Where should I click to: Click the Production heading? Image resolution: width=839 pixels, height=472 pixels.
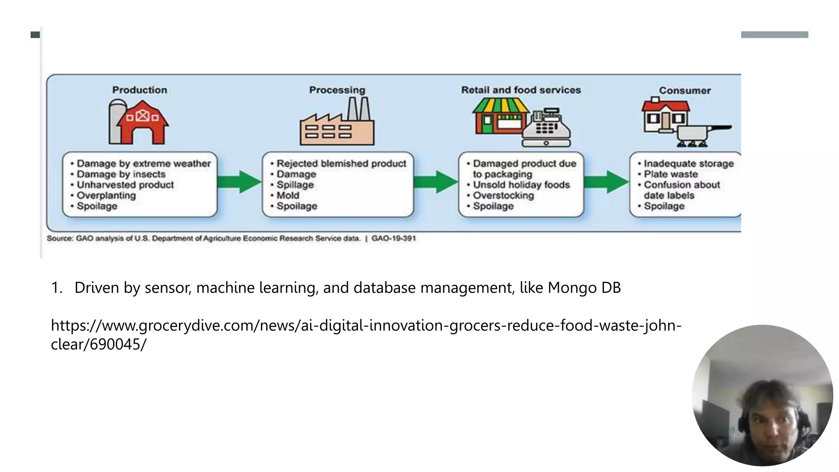140,90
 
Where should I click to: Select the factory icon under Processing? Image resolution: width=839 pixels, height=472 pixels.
337,123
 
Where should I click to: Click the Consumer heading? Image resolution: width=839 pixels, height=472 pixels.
685,91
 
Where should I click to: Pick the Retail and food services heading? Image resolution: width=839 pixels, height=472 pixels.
521,90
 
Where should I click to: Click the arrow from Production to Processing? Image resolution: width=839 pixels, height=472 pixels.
239,182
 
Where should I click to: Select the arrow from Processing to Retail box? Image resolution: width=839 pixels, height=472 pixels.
435,182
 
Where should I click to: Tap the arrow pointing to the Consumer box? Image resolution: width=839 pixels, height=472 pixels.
606,182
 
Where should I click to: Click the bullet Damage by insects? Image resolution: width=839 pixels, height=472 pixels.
121,174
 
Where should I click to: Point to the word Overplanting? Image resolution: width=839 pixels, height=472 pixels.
106,195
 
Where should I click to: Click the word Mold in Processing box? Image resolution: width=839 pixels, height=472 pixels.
288,195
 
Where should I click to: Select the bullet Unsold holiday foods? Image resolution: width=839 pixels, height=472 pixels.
521,185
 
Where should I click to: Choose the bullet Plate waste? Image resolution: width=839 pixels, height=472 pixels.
670,174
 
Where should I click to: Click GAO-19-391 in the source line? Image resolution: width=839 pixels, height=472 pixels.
393,238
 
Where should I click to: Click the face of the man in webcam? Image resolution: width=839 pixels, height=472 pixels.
770,428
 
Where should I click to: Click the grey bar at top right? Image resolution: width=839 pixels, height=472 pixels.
774,35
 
